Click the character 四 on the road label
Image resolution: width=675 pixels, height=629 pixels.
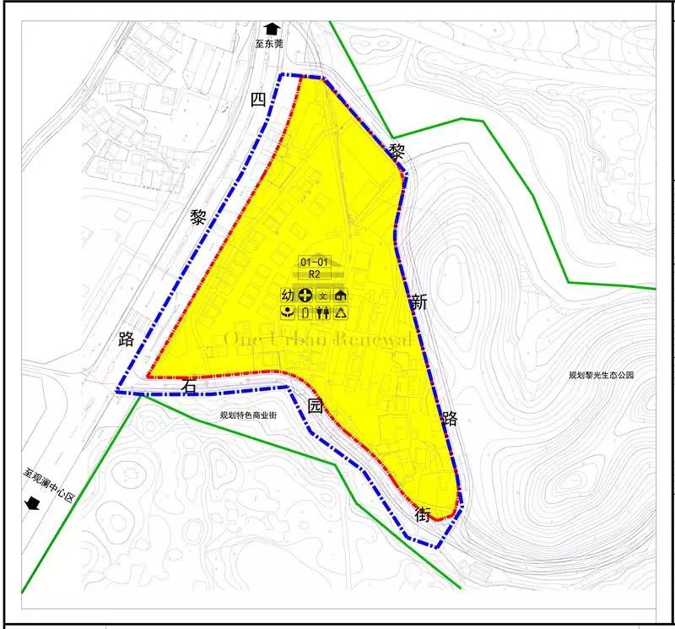coord(258,100)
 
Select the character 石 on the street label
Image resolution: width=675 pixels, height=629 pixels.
coord(190,386)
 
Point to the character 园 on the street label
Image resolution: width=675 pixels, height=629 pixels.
coord(315,405)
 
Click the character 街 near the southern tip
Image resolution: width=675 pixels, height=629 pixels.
coord(424,512)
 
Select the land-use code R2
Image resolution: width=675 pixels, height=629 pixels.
coord(314,275)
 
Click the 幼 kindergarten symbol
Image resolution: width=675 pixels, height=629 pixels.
coord(288,296)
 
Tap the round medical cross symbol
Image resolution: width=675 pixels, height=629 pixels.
coord(305,296)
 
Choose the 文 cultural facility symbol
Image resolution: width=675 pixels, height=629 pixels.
coord(322,296)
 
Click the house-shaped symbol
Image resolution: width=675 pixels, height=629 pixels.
coord(340,296)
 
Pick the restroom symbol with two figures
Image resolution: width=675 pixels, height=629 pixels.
coord(322,313)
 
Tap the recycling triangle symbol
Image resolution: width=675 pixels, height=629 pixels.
coord(340,313)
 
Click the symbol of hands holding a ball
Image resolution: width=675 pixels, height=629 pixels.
coord(288,313)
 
